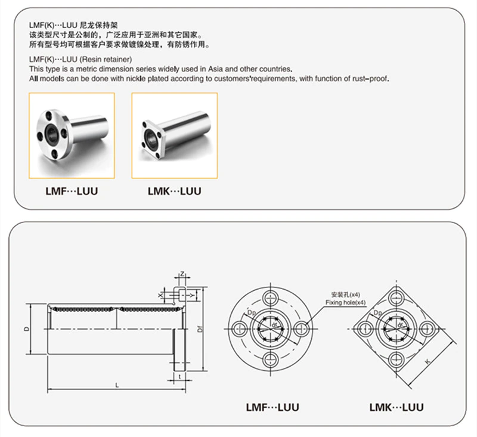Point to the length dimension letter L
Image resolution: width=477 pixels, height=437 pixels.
click(x=117, y=385)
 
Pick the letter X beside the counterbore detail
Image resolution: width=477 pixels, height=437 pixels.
click(x=160, y=295)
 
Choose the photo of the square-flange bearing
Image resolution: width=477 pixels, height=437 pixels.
click(x=174, y=136)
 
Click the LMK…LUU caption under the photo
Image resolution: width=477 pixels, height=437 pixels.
click(x=174, y=191)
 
